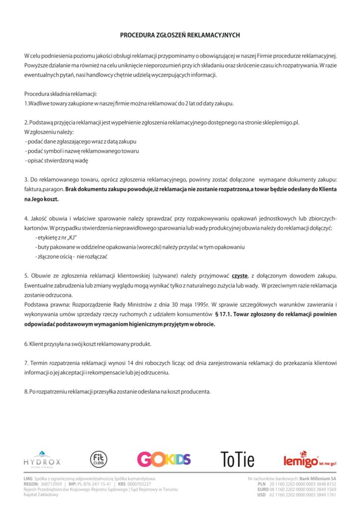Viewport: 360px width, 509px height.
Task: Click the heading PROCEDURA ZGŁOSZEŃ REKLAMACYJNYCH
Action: pyautogui.click(x=180, y=35)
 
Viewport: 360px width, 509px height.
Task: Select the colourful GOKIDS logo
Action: pyautogui.click(x=164, y=459)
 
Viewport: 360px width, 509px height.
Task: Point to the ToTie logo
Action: pyautogui.click(x=237, y=459)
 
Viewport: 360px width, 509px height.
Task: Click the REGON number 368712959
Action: pyautogui.click(x=51, y=484)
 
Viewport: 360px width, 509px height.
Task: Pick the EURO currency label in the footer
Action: pyautogui.click(x=262, y=489)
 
